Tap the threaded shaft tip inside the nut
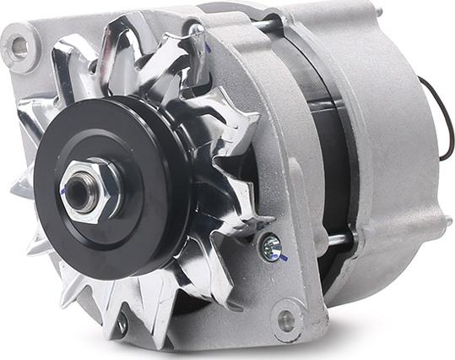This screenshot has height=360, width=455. [79, 190]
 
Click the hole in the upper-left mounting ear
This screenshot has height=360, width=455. [18, 47]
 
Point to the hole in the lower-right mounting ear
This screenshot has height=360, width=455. [287, 320]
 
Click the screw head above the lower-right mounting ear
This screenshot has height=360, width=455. [270, 246]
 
